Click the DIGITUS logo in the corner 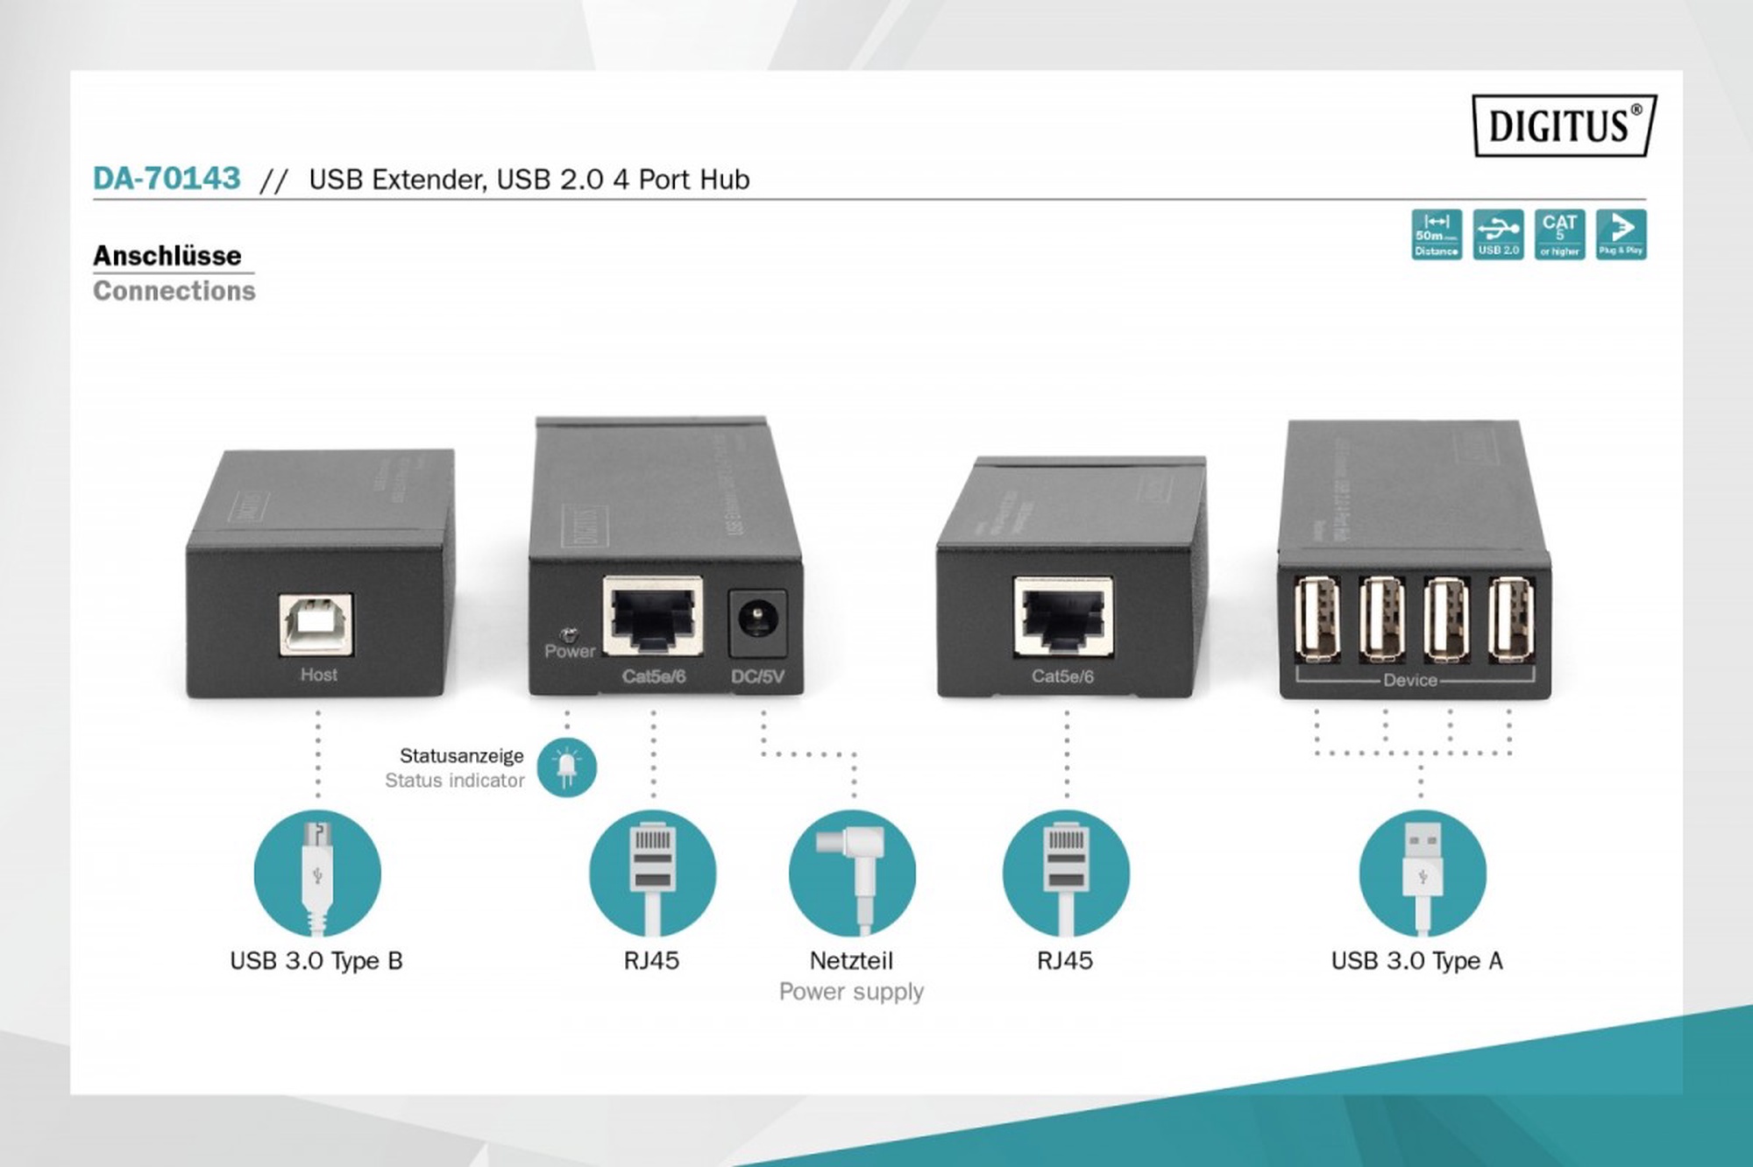click(x=1564, y=125)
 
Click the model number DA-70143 click(x=167, y=179)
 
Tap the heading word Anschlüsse click(x=167, y=256)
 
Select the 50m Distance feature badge click(x=1437, y=234)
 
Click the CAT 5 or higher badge click(x=1559, y=234)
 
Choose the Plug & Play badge click(x=1621, y=234)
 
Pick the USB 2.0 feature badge click(x=1498, y=234)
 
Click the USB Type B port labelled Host click(x=316, y=624)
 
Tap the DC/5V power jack click(x=756, y=622)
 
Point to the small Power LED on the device click(x=568, y=633)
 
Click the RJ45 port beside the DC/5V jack click(x=654, y=615)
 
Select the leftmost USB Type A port click(x=1317, y=619)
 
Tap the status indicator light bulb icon click(x=566, y=767)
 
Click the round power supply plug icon click(x=852, y=873)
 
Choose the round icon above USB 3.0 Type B click(x=317, y=873)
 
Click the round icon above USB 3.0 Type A click(x=1422, y=873)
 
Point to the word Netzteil click(x=851, y=961)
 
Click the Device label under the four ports click(x=1409, y=680)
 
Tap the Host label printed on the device click(x=318, y=675)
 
